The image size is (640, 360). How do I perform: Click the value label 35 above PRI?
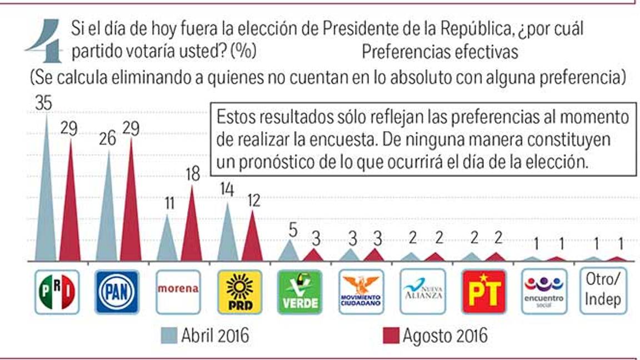tap(44, 103)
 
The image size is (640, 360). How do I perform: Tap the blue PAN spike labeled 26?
tap(107, 211)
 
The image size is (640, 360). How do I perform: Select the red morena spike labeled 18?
tap(191, 228)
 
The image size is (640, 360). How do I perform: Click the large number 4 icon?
tap(47, 40)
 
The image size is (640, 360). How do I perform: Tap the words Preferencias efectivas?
tap(439, 52)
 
